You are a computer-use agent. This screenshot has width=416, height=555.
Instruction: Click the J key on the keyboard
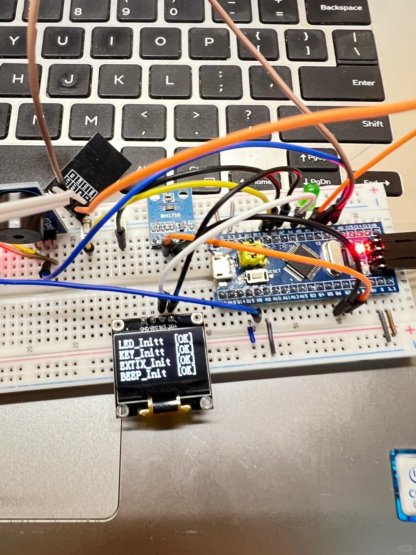[x=69, y=79]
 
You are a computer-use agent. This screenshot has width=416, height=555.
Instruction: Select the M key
[x=91, y=120]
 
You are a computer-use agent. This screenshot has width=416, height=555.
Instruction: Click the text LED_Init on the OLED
[x=141, y=343]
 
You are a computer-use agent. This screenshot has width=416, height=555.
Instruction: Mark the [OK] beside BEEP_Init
[x=187, y=370]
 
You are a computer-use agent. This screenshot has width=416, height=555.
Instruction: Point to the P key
[x=209, y=41]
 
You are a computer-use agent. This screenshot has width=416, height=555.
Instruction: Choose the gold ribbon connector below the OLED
[x=164, y=407]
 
